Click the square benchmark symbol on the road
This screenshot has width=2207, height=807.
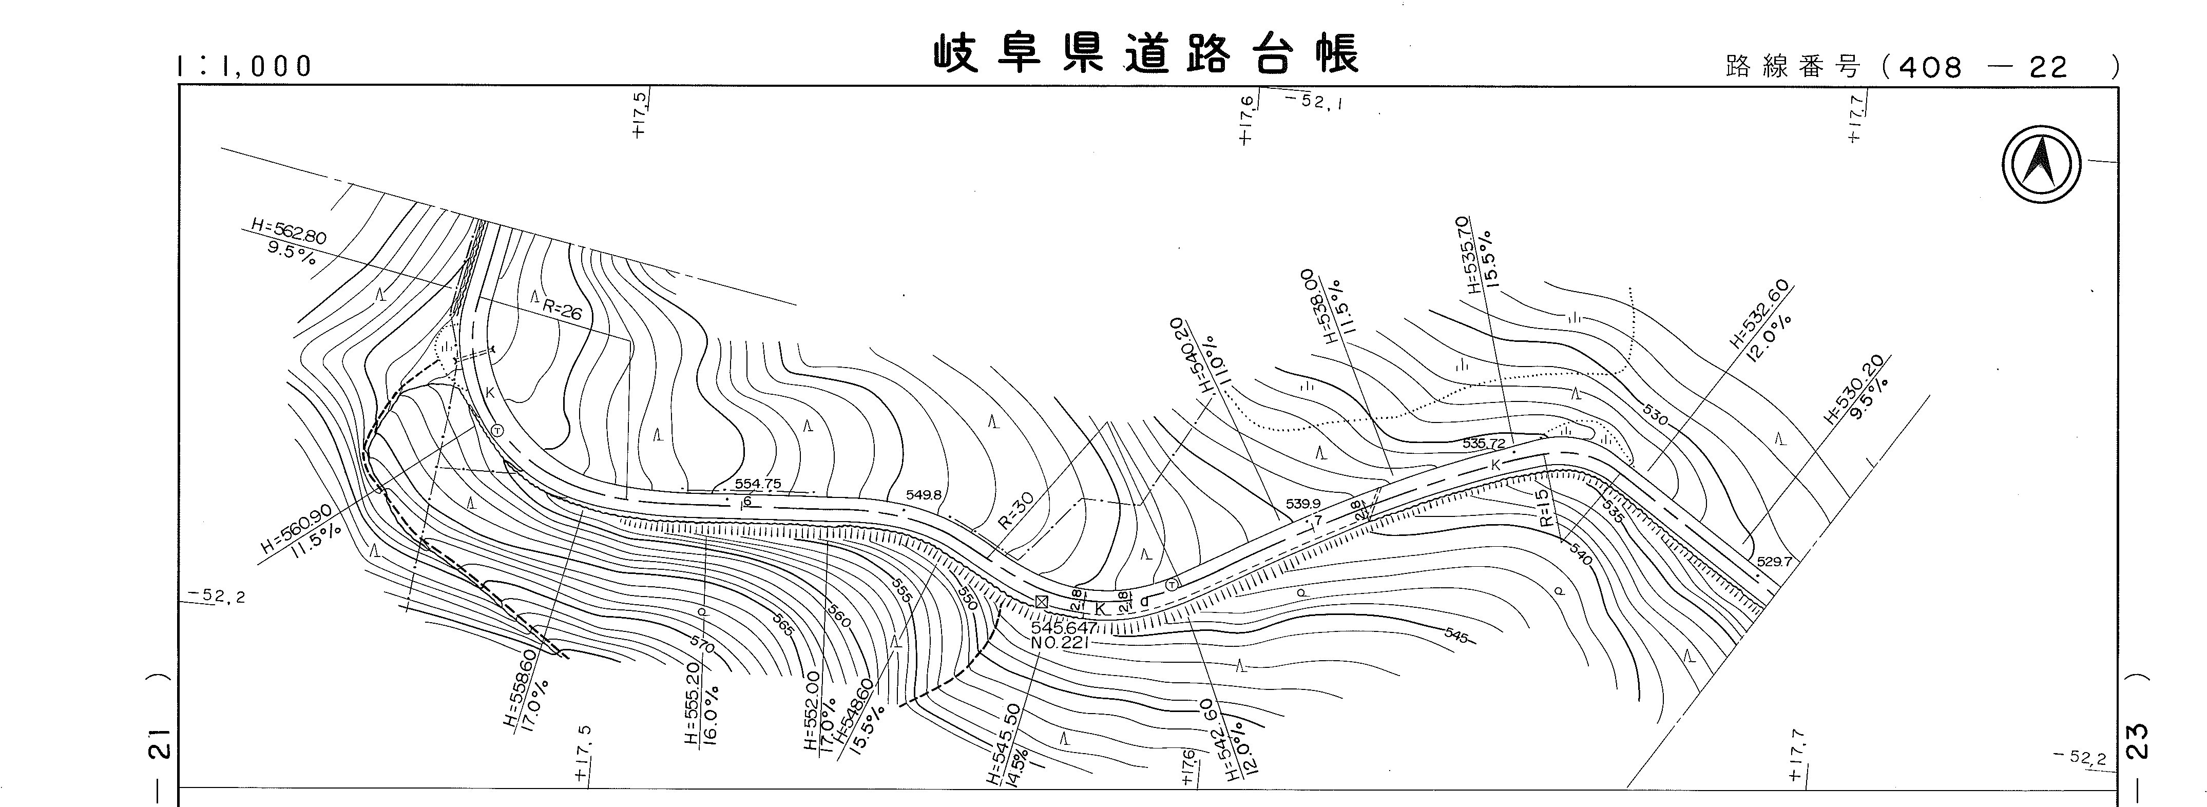point(1041,601)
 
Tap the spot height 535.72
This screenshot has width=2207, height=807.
point(1484,444)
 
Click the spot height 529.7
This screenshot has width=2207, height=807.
point(1774,563)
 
